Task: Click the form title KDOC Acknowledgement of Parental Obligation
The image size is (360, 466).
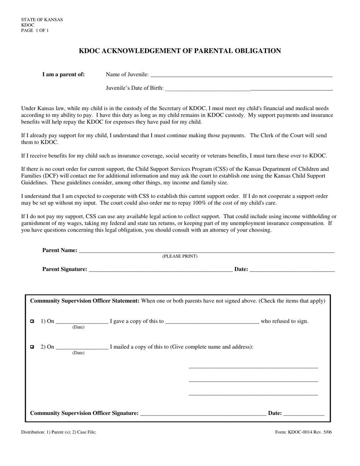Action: (180, 51)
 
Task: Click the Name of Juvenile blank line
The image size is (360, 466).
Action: (241, 75)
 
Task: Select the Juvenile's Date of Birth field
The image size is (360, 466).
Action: (249, 89)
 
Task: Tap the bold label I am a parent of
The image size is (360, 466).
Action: (63, 75)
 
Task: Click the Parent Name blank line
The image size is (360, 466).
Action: (207, 250)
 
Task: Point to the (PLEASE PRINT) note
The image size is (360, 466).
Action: (180, 256)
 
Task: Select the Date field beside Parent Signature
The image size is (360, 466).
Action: (292, 269)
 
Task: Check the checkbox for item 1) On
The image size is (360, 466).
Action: (32, 321)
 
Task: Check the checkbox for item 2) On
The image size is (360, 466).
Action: (32, 347)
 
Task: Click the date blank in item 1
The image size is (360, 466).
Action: (82, 321)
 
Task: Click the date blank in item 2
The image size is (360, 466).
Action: (82, 347)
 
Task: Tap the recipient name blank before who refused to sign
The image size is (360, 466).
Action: (212, 321)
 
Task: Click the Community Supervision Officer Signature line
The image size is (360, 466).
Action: (203, 413)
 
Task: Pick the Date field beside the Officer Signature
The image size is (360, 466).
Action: (304, 413)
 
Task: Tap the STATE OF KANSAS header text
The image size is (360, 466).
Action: (42, 20)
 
